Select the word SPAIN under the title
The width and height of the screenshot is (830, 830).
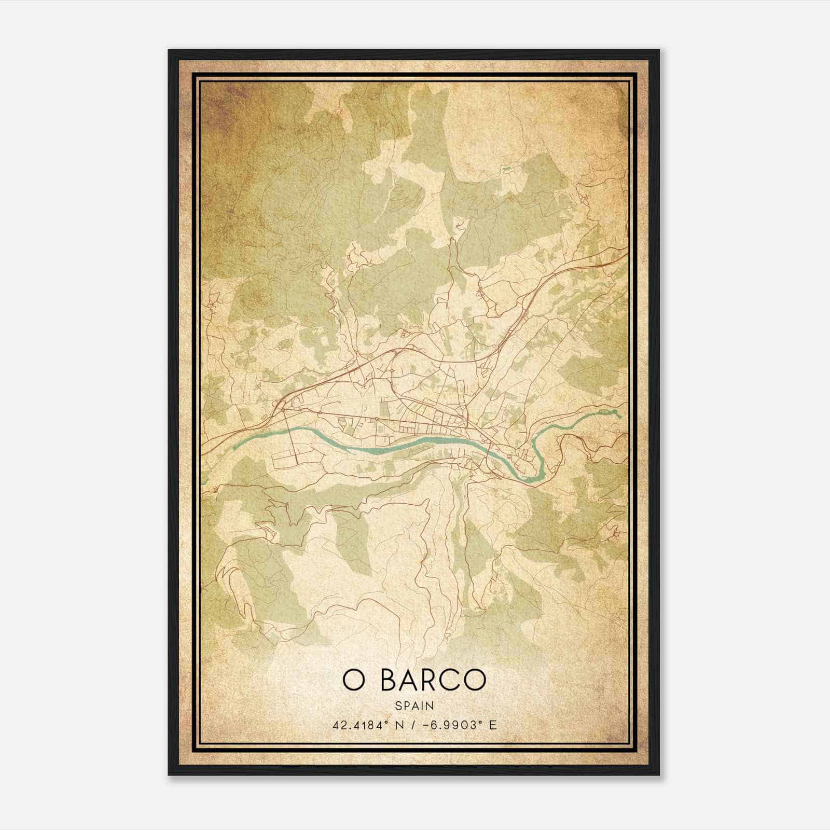[x=414, y=706]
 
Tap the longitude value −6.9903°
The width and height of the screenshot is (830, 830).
[x=451, y=725]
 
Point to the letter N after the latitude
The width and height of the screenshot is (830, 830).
[x=398, y=725]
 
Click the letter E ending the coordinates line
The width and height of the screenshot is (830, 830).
[x=493, y=725]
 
